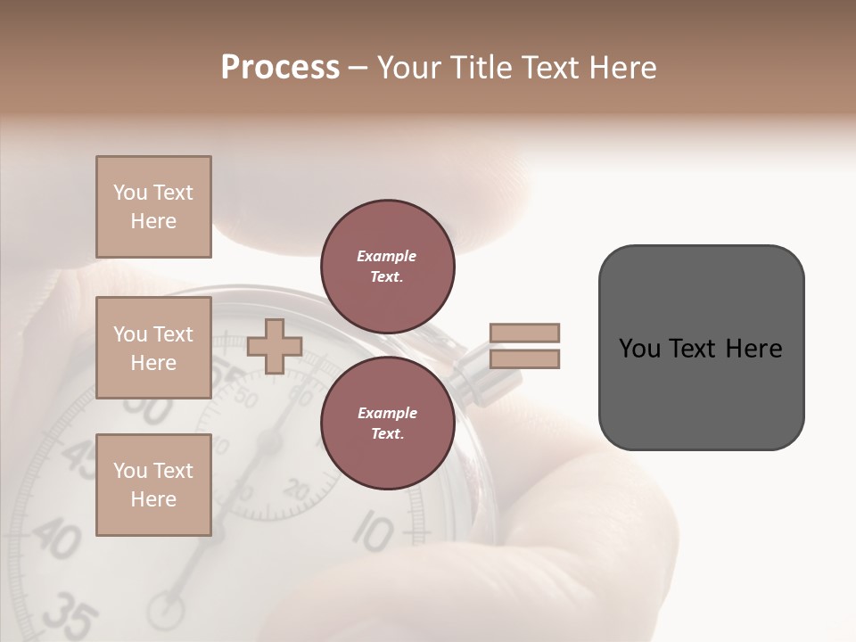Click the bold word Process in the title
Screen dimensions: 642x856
(280, 68)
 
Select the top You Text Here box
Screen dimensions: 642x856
(153, 207)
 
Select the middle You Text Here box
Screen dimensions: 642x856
(153, 348)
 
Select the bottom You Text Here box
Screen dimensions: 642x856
(153, 485)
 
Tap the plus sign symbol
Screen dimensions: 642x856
(275, 347)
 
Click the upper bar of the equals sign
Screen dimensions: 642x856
(524, 333)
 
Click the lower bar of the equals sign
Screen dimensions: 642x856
(524, 359)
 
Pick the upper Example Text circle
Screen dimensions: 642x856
(387, 267)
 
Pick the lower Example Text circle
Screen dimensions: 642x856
(387, 424)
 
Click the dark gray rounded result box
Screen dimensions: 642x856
(701, 348)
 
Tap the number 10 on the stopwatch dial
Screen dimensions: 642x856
(372, 532)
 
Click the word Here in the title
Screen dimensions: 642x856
(622, 68)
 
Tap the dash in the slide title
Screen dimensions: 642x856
(358, 69)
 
